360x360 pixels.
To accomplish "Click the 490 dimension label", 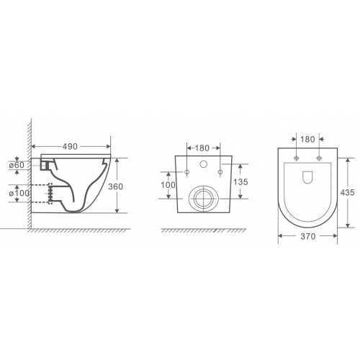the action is (x=70, y=146).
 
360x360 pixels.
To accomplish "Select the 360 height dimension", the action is (x=115, y=186).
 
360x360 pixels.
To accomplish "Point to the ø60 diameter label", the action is (x=17, y=165).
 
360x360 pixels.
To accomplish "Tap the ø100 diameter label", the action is (x=19, y=193).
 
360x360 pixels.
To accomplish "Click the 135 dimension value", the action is (x=240, y=182).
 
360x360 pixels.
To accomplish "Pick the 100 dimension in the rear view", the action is (x=168, y=185).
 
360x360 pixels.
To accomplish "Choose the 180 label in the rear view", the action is (x=202, y=148).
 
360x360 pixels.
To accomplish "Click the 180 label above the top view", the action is (x=307, y=139).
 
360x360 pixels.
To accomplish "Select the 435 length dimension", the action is (x=347, y=192).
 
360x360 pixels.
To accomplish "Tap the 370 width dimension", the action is (x=308, y=236).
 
